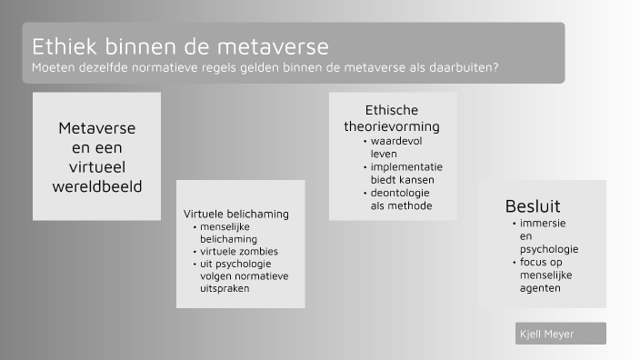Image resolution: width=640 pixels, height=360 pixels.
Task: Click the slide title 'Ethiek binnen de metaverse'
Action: (180, 45)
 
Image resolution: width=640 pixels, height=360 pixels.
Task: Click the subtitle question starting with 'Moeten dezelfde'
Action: (265, 67)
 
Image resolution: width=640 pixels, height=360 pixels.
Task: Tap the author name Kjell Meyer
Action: (547, 334)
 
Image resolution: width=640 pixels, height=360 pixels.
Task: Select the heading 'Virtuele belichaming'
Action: (236, 214)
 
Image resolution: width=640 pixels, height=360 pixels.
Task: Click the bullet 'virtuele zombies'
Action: (239, 251)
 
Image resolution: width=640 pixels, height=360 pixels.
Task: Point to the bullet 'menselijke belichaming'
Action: (231, 232)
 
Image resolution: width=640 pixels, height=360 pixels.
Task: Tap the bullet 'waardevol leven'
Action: (396, 147)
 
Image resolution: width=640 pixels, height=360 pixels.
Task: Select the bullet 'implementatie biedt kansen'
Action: (405, 173)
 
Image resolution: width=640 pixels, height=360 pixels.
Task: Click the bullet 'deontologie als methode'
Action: (400, 199)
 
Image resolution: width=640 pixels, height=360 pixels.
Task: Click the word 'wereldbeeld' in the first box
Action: (97, 185)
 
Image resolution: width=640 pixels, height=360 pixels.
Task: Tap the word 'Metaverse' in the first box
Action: (97, 128)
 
